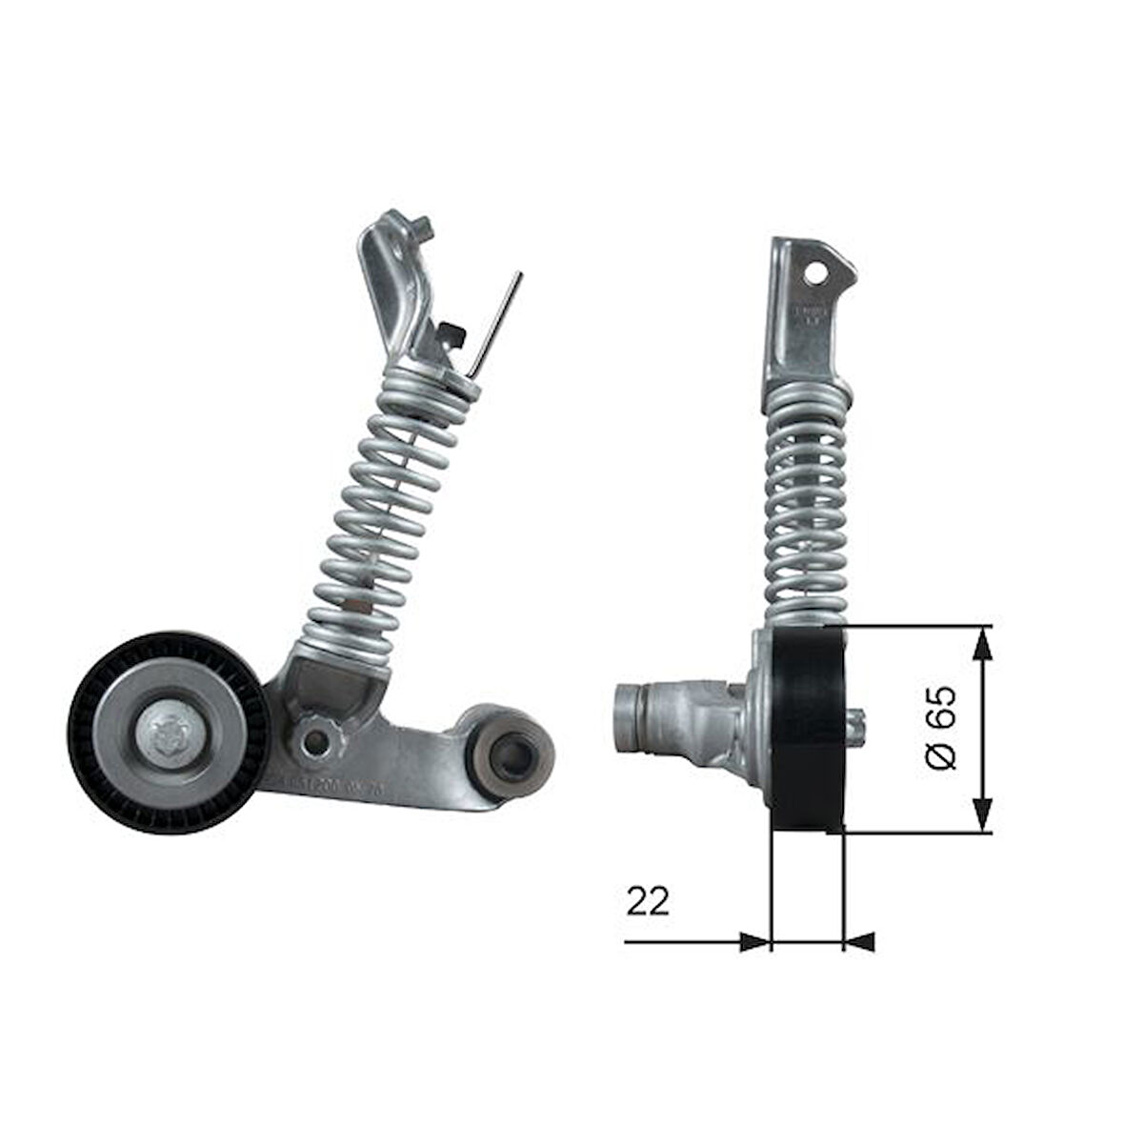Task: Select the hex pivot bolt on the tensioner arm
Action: (313, 735)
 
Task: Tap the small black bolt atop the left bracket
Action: (420, 229)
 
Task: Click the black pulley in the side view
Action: (808, 729)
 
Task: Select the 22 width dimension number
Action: (648, 899)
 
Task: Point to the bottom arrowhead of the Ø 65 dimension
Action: (983, 817)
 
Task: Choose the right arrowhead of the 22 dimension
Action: (859, 942)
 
